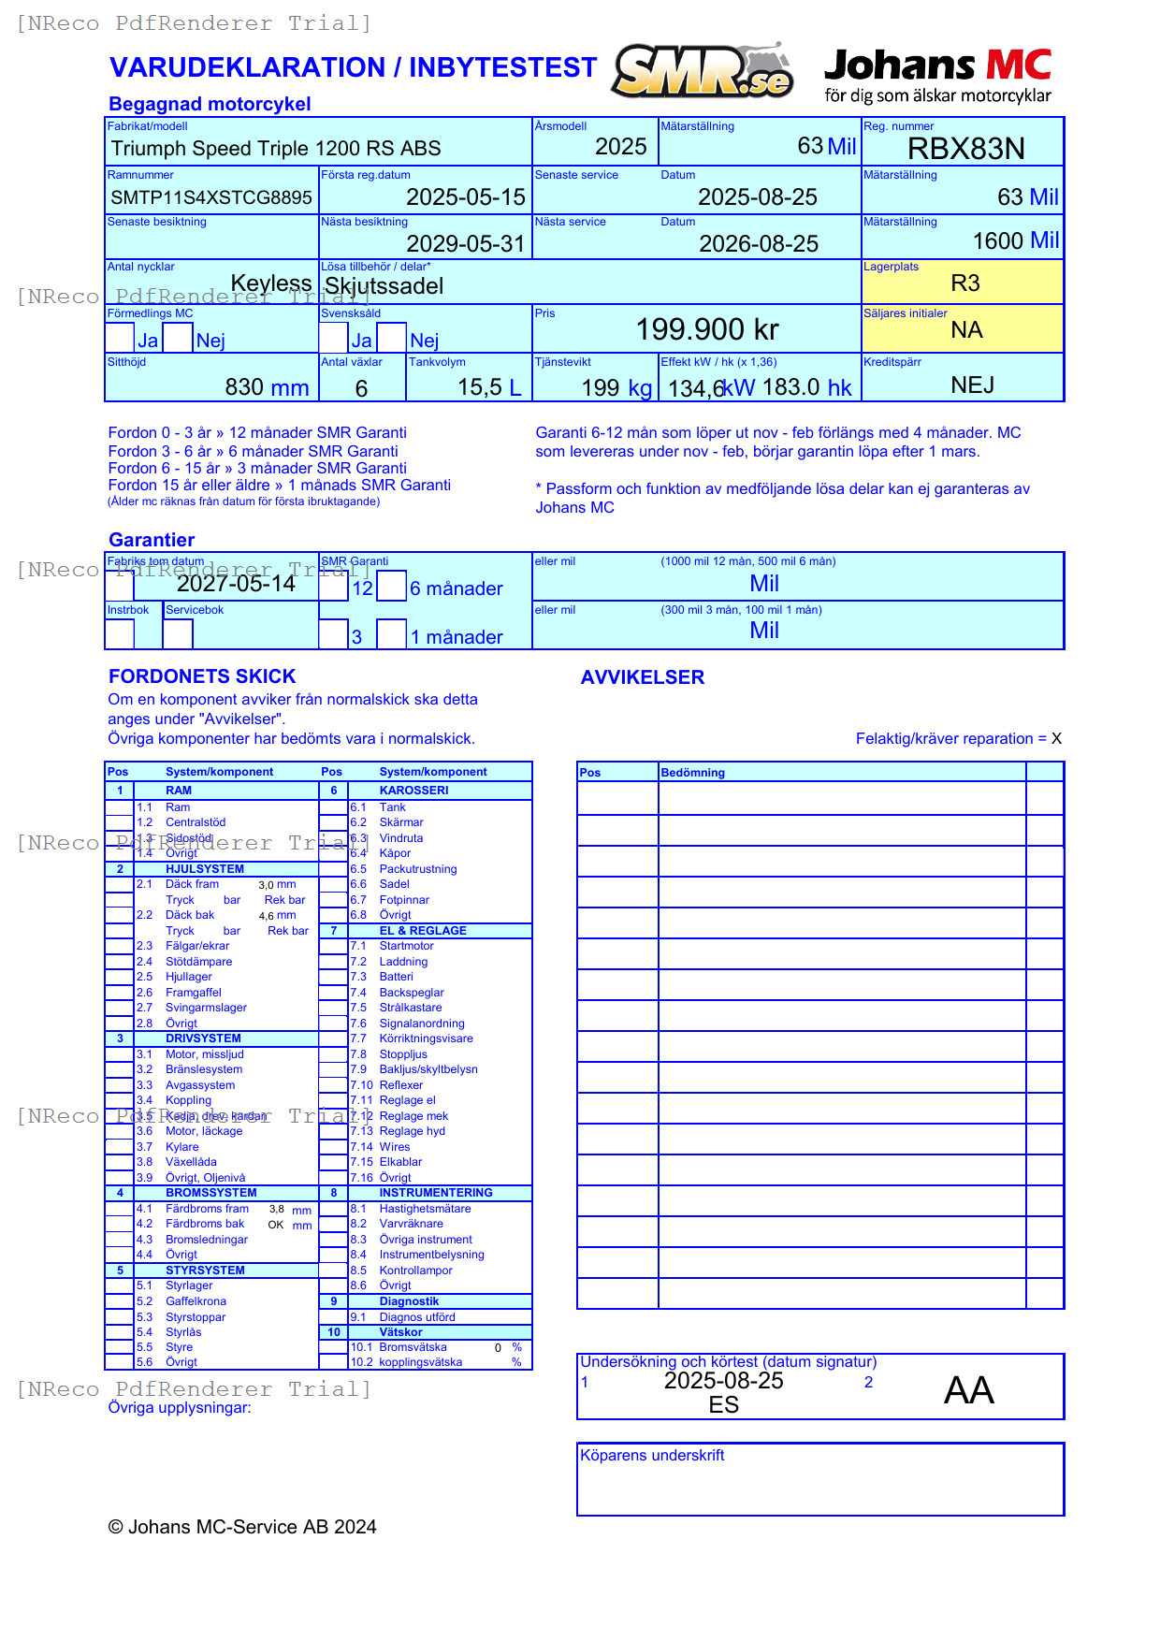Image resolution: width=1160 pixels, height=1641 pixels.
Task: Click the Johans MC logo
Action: [937, 75]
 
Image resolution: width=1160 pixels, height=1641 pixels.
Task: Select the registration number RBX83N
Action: [965, 149]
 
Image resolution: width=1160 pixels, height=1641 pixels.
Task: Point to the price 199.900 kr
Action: [707, 329]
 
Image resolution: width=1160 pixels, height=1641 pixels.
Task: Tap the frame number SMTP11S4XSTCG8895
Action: [211, 197]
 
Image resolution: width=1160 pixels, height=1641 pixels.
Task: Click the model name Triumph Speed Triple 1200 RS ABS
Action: [276, 149]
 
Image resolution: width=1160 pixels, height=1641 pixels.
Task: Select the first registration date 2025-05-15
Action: [466, 197]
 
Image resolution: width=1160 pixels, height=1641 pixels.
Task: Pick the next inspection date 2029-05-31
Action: [466, 244]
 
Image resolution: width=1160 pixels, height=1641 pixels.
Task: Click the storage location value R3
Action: [965, 283]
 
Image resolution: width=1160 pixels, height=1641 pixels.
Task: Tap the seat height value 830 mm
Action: [267, 387]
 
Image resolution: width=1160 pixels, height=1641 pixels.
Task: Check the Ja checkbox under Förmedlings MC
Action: [120, 337]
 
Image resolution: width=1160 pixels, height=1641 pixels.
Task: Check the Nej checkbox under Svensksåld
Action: [392, 337]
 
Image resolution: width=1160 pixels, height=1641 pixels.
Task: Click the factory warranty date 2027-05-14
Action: [236, 584]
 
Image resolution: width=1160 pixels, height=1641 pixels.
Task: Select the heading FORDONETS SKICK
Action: [202, 676]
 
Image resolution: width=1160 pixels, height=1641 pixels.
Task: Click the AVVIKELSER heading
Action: [642, 677]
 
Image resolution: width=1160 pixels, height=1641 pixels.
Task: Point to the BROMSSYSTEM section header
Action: [210, 1193]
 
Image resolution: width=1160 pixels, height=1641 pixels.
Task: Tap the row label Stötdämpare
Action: [198, 962]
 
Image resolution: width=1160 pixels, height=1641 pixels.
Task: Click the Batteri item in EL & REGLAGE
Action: [396, 977]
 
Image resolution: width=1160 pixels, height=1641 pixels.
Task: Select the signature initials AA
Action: [968, 1390]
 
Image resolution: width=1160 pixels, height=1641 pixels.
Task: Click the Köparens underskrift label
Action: [652, 1456]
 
